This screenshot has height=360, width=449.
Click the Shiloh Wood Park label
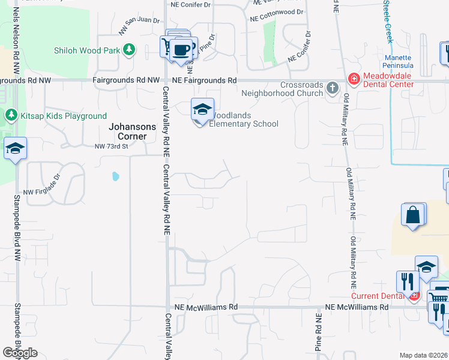point(87,51)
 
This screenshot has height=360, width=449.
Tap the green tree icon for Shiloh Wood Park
point(128,50)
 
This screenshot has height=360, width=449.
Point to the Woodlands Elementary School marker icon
point(202,109)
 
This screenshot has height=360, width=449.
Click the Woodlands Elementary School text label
point(244,119)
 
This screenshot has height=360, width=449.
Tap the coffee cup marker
point(181,49)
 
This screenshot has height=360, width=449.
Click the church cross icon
point(333,89)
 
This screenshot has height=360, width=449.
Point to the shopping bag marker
point(413,215)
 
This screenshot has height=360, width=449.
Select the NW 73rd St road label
point(112,146)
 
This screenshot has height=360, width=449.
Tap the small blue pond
point(115,176)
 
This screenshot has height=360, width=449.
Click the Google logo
point(20,353)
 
